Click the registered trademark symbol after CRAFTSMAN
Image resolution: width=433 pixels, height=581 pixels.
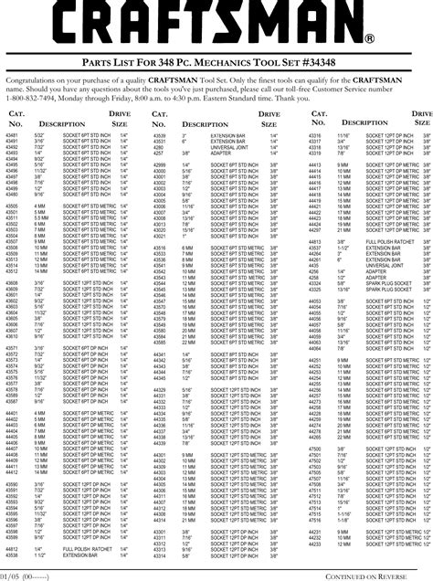(369, 39)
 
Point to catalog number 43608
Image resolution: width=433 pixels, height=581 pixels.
(13, 322)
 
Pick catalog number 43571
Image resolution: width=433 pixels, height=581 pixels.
(13, 348)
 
